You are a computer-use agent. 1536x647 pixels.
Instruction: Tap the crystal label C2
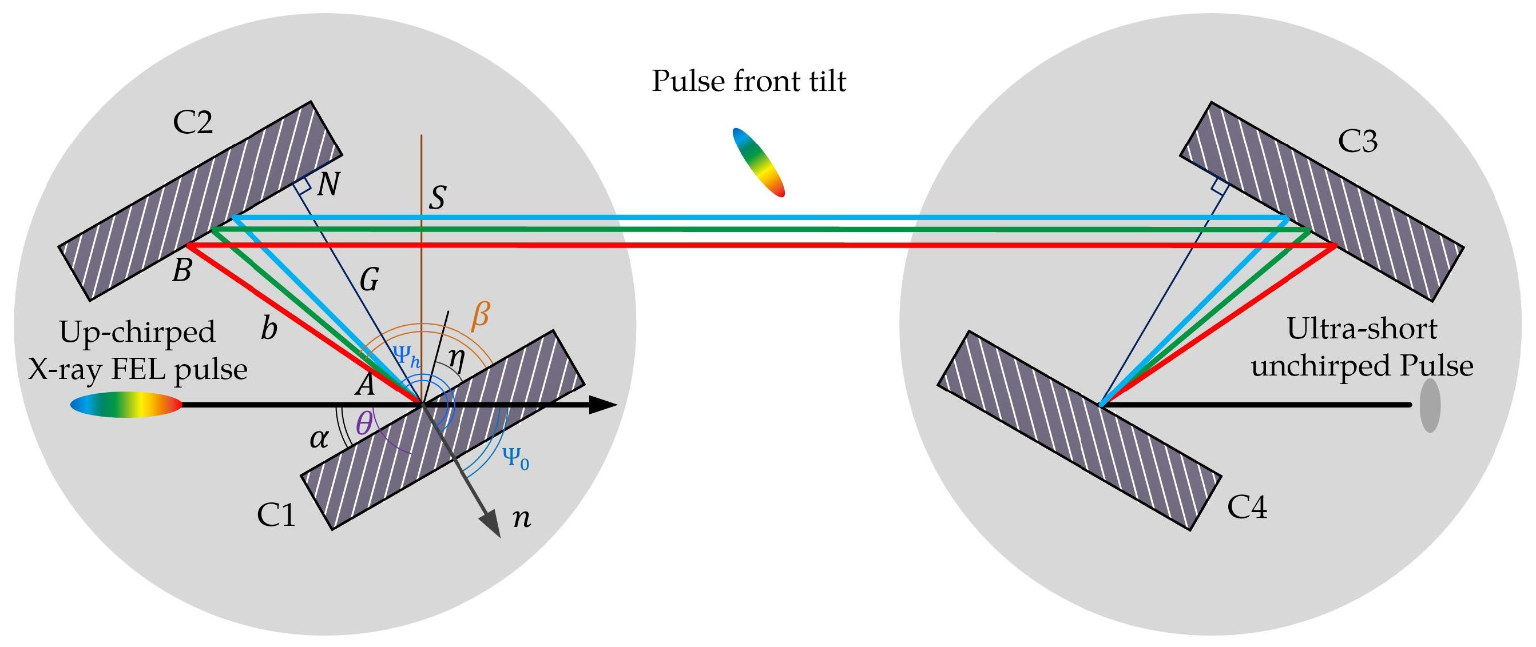click(x=193, y=122)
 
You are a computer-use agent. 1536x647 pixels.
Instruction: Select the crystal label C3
click(x=1358, y=142)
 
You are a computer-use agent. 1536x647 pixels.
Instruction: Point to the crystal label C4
click(x=1247, y=507)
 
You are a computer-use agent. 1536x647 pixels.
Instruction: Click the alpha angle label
click(x=319, y=439)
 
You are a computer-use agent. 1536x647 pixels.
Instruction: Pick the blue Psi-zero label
click(x=516, y=458)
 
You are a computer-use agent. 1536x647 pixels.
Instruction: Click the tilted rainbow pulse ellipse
click(x=758, y=162)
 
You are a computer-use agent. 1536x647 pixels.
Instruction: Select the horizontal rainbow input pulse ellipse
click(x=126, y=405)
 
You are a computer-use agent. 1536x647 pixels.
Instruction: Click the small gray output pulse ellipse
click(x=1429, y=406)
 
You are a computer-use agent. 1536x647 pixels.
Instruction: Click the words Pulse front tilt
click(x=748, y=81)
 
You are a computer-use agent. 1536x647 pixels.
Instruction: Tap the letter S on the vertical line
click(x=437, y=197)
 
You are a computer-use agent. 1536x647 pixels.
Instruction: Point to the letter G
click(x=369, y=279)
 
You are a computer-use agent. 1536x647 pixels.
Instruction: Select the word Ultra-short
click(x=1362, y=328)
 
